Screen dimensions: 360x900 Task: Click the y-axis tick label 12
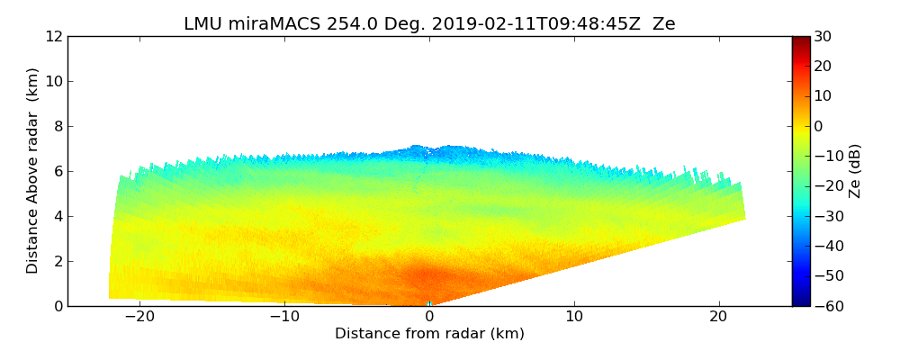(54, 37)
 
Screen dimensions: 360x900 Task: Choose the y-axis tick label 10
(54, 82)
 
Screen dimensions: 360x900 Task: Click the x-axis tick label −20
(139, 317)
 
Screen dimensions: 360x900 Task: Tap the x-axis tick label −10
(283, 317)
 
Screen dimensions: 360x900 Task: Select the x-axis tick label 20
(718, 317)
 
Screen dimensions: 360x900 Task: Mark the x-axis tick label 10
(574, 317)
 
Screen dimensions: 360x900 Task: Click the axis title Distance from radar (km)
(429, 334)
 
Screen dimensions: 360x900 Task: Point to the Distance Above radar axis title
(33, 171)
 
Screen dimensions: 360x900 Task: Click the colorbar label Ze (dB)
(855, 171)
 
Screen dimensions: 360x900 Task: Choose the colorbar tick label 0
(820, 127)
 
